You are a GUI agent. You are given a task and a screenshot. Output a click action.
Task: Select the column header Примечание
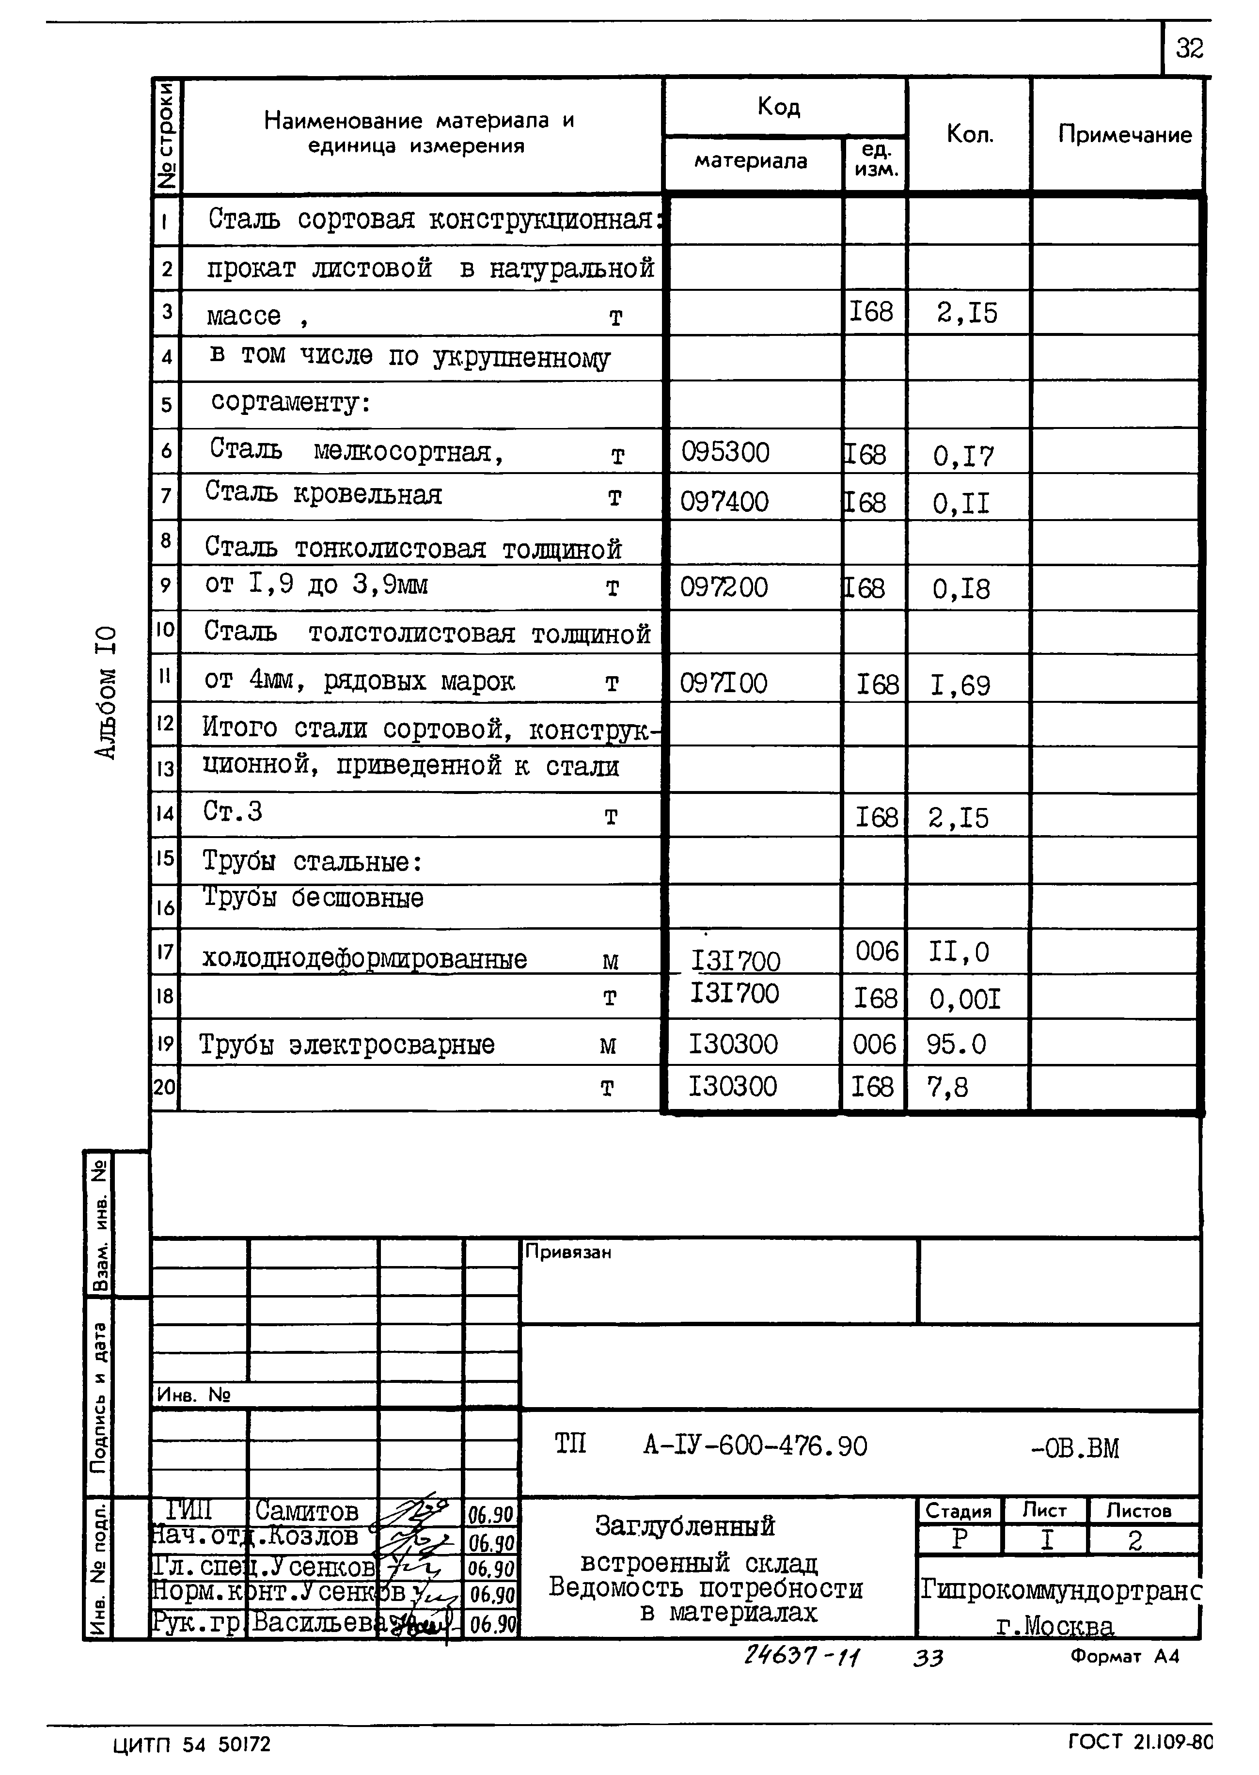click(x=1124, y=135)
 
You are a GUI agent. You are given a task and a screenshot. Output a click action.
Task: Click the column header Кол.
click(x=969, y=135)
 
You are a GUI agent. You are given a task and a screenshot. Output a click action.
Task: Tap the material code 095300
click(x=725, y=452)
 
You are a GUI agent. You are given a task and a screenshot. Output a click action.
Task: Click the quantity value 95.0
click(x=956, y=1045)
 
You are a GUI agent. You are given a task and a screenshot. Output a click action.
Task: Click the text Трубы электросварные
click(x=346, y=1045)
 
